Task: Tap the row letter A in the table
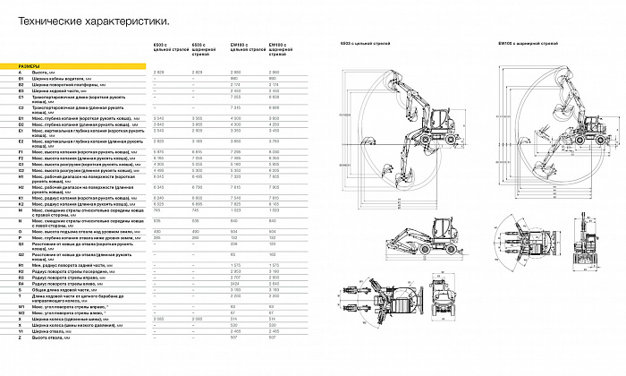(19, 72)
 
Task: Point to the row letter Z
(19, 338)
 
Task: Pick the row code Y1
(20, 331)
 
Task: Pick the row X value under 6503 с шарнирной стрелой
(199, 319)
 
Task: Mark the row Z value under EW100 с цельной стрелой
(237, 338)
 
